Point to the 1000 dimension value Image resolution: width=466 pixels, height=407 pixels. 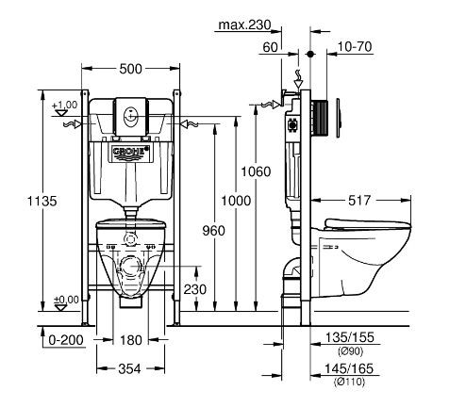[x=237, y=201]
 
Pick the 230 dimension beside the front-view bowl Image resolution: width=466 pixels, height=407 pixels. [x=195, y=290]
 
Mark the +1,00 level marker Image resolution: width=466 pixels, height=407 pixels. [x=64, y=105]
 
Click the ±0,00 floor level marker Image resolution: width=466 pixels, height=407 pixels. [x=64, y=300]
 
